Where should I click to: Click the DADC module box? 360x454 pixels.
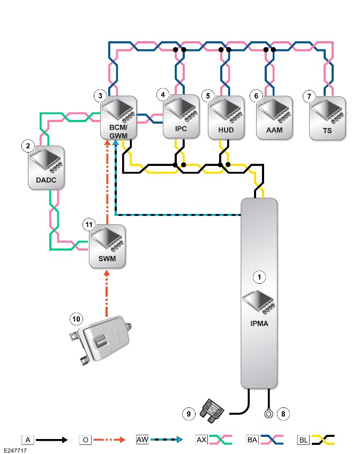[46, 168]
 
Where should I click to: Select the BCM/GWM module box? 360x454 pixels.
[118, 118]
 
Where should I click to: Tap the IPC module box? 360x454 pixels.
[181, 116]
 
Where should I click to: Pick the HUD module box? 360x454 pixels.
[226, 118]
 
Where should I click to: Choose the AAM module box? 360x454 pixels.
[274, 118]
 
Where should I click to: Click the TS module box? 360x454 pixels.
[327, 118]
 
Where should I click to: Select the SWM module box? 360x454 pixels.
[107, 246]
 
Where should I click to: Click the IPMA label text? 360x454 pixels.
[259, 323]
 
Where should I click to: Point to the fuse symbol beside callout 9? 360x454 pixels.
[212, 411]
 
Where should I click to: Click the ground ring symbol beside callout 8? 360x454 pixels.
[268, 414]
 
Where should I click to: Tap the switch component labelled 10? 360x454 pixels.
[100, 340]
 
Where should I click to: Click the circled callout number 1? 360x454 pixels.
[259, 277]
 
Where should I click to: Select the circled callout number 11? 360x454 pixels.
[89, 225]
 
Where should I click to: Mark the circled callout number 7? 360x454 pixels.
[309, 96]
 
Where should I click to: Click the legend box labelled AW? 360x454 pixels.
[142, 440]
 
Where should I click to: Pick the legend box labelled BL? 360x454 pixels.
[303, 440]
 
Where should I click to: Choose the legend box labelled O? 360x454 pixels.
[85, 440]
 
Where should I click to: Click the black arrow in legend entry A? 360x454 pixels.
[51, 440]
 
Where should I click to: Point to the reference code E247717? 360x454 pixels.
[15, 451]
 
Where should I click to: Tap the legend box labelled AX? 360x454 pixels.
[201, 440]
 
